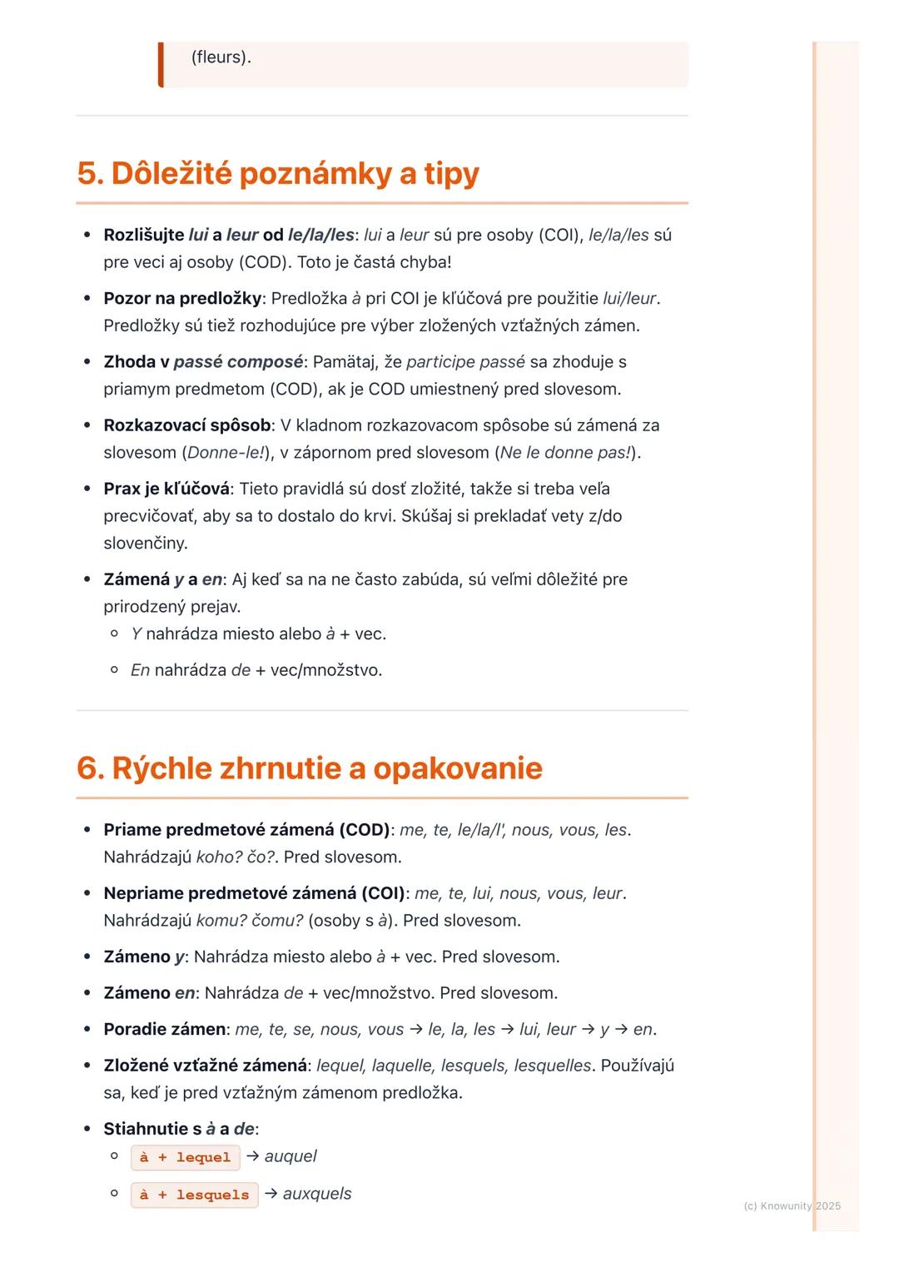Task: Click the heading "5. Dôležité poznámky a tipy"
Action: [x=278, y=173]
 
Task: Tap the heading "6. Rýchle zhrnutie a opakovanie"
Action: [x=309, y=768]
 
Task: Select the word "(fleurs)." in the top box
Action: [x=221, y=57]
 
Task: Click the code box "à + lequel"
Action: [x=185, y=1157]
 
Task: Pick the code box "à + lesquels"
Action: [x=194, y=1195]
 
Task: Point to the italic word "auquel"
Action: [x=291, y=1156]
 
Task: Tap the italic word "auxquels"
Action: [x=317, y=1194]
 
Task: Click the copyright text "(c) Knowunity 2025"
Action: [x=792, y=1205]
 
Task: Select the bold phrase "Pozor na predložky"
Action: [x=182, y=298]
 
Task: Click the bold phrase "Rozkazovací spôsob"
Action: [x=187, y=425]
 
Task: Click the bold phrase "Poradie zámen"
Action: [x=164, y=1029]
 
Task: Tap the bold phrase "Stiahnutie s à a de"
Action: [x=178, y=1129]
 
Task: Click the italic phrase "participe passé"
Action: [x=465, y=362]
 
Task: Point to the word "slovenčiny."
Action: [x=146, y=544]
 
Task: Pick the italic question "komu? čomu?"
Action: [x=250, y=921]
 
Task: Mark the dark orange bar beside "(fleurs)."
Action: [x=161, y=64]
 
